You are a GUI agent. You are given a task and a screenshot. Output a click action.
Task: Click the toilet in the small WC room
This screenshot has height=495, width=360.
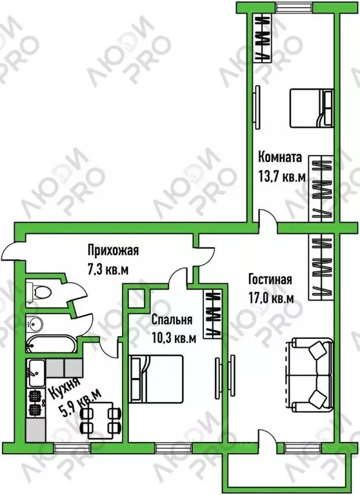click(39, 292)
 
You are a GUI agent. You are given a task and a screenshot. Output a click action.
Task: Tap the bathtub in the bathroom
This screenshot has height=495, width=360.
click(51, 345)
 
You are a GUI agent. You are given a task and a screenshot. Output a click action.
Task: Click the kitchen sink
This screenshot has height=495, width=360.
click(37, 373)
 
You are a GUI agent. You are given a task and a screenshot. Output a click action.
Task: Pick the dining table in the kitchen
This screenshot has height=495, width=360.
click(101, 420)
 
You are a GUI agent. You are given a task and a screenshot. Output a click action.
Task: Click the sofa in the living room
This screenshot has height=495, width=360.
click(309, 375)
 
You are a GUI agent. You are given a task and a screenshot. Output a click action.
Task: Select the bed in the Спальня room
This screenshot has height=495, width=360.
click(156, 379)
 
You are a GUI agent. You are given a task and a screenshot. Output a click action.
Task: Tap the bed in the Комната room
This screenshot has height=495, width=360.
click(312, 108)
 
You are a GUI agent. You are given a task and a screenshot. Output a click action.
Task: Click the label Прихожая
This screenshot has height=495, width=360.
click(113, 250)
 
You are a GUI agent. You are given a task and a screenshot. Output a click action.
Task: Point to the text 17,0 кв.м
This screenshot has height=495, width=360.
click(272, 298)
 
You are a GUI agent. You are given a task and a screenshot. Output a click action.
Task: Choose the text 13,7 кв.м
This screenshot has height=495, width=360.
click(282, 177)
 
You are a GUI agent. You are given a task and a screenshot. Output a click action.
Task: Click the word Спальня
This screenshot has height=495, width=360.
click(172, 320)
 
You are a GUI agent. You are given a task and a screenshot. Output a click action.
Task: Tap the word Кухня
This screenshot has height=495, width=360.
click(65, 387)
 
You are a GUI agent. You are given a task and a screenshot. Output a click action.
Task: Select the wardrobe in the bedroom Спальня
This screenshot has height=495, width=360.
click(213, 314)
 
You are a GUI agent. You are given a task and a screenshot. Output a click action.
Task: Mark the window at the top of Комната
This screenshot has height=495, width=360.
click(294, 7)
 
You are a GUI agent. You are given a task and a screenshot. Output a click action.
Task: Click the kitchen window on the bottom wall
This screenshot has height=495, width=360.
click(72, 448)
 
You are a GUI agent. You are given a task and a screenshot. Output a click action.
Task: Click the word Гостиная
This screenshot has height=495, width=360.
click(270, 279)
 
